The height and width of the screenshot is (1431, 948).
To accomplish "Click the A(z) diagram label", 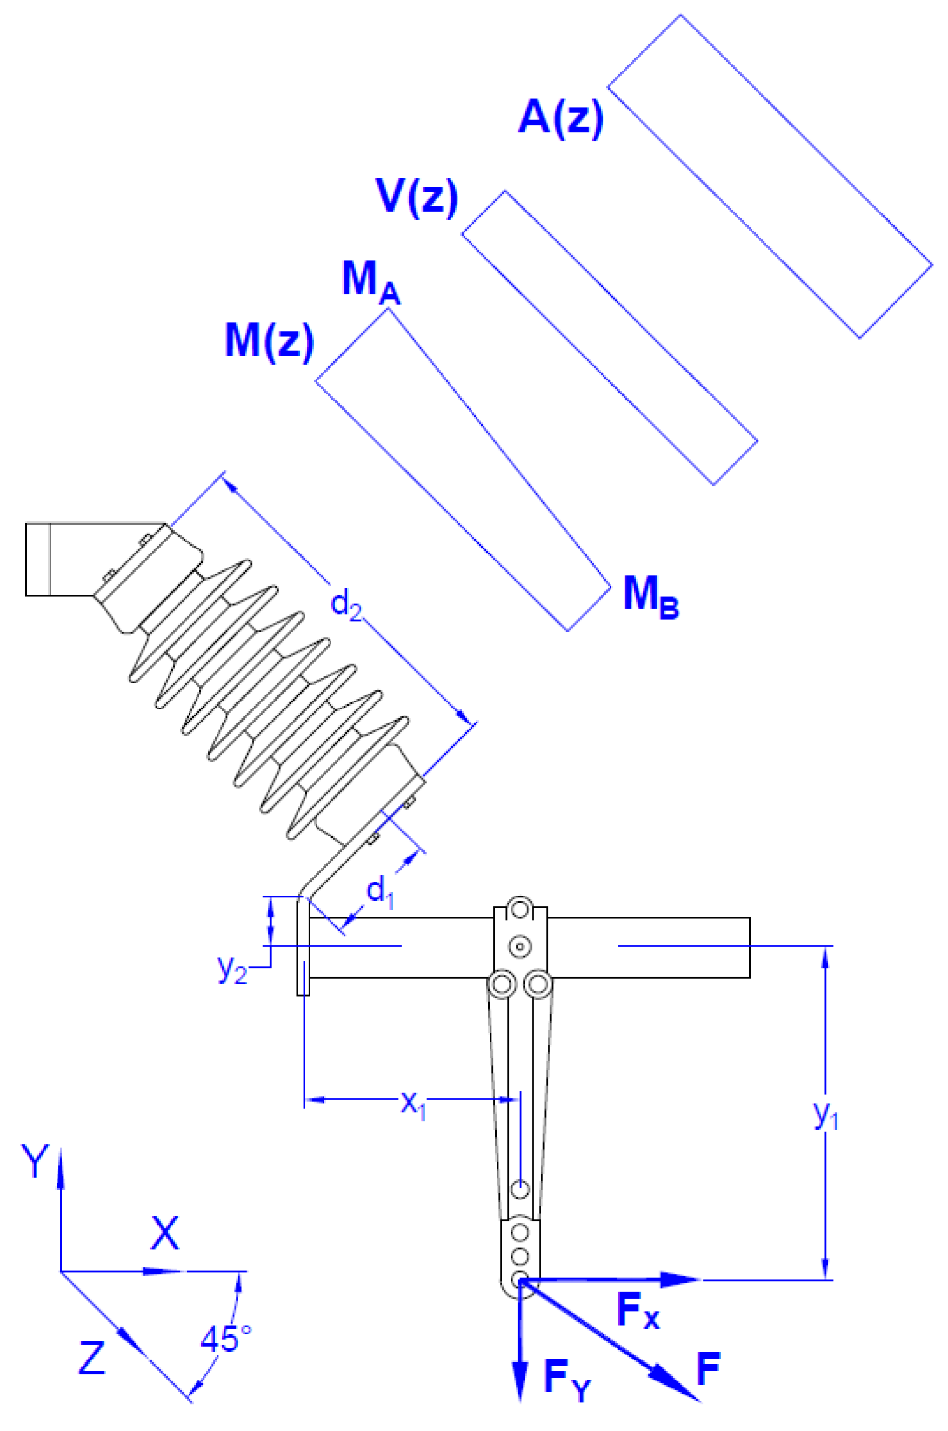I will point(560,118).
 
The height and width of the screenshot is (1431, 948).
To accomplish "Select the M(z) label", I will point(269,340).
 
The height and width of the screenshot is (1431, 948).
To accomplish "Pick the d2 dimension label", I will point(346,603).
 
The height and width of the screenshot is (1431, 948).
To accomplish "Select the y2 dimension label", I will point(232,969).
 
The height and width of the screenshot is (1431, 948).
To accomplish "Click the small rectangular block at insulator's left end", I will point(37,560).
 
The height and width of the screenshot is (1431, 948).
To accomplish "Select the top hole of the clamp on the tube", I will point(520,910).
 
